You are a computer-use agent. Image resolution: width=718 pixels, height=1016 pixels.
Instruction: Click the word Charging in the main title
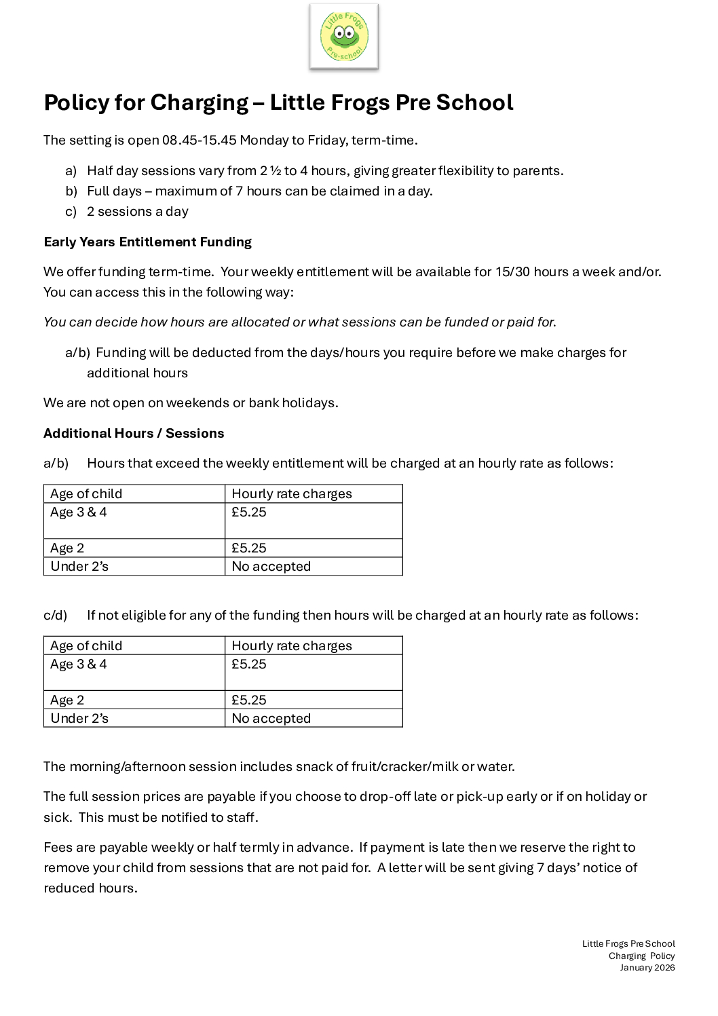pos(199,102)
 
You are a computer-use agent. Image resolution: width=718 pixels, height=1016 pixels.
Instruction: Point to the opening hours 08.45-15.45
pos(199,140)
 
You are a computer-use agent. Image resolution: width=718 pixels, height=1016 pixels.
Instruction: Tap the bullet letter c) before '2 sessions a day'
pos(71,212)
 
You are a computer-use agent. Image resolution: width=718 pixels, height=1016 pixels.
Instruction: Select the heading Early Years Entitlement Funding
pos(147,242)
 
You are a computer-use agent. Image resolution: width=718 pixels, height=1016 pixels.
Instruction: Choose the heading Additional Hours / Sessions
pos(134,434)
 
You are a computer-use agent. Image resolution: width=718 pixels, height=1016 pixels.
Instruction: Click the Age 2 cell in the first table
pos(67,548)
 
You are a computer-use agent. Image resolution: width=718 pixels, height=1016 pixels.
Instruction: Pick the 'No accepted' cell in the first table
pos(271,567)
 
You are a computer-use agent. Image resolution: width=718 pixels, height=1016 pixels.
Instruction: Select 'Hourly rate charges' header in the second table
pos(292,646)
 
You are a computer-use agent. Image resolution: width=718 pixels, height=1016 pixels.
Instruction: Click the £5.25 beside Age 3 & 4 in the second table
pos(249,664)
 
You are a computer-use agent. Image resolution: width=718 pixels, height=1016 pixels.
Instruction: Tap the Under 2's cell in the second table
pos(79,719)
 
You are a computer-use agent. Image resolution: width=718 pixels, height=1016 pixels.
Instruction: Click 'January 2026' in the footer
pos(647,968)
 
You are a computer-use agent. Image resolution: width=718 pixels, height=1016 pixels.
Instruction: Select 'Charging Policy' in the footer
pos(641,956)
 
